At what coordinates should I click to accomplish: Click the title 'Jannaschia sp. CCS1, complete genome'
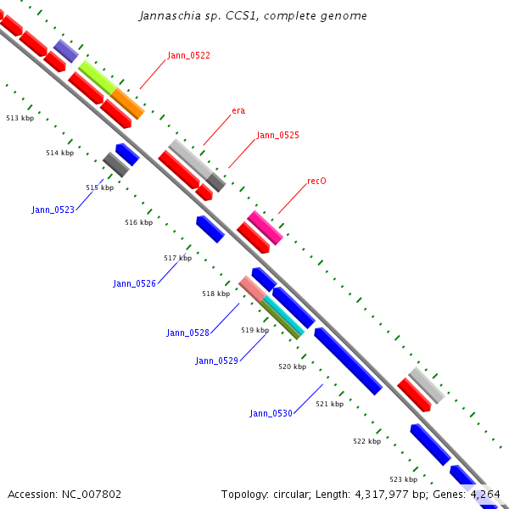coord(253,16)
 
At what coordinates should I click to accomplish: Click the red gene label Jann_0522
coord(188,55)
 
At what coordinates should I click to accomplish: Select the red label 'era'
coord(238,110)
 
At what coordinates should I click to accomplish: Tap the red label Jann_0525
coord(277,135)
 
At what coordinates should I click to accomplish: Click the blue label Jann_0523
coord(53,210)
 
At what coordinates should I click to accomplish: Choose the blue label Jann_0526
coord(134,283)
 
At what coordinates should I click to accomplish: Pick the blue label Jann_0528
coord(187,333)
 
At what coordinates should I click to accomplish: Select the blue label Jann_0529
coord(216,361)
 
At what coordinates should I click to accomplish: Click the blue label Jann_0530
coord(271,413)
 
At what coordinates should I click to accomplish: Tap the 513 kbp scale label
coord(20,119)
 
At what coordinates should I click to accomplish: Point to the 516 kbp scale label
coord(138,222)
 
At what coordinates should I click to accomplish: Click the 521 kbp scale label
coord(329,404)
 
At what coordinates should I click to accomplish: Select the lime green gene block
coord(97,76)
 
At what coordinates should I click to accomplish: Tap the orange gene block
coord(127,103)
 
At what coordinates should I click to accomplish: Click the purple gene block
coord(65,51)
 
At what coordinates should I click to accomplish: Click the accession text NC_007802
coord(64,494)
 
